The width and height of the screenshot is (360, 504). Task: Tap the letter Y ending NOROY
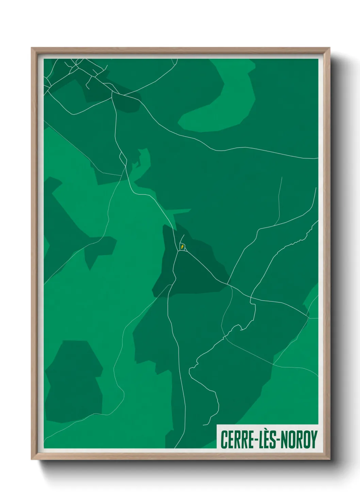point(313,439)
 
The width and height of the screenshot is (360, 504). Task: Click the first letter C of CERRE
point(224,439)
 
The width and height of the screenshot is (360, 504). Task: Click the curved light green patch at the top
point(235,99)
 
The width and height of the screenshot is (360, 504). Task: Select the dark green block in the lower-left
point(73,381)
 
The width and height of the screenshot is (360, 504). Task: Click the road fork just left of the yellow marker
point(178,252)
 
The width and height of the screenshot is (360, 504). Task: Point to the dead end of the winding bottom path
point(203,425)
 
